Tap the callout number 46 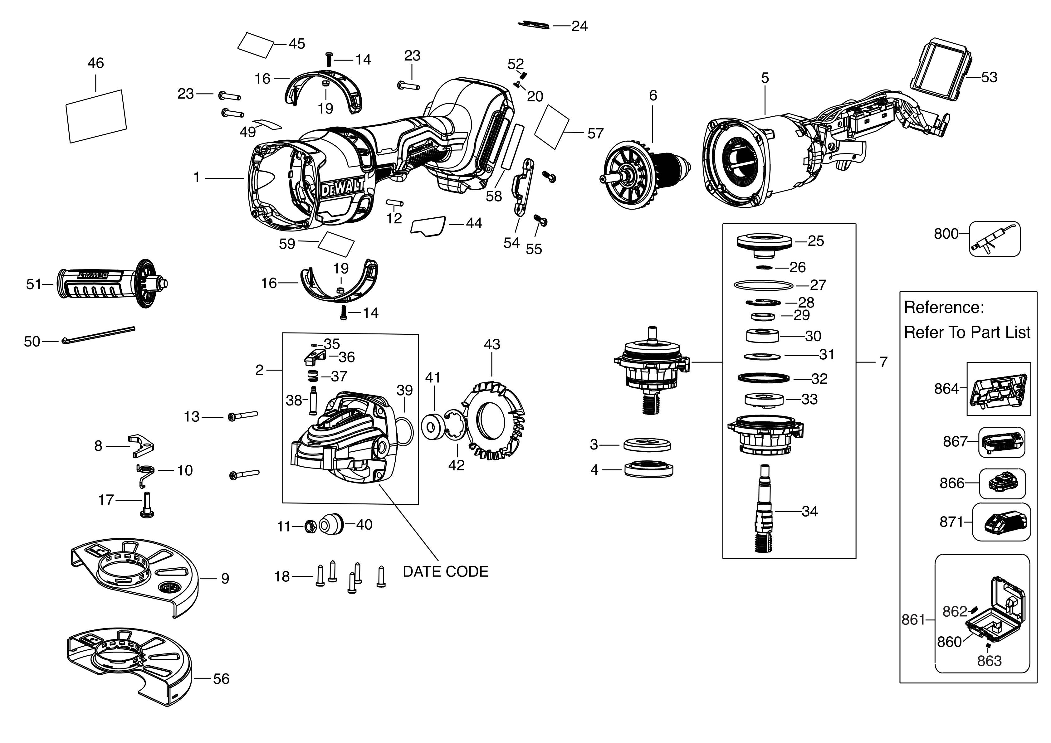coord(96,63)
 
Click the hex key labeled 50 coord(98,334)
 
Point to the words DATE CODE coord(445,572)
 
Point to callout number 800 coord(946,234)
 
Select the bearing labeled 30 coord(762,336)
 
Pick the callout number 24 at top coord(579,27)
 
